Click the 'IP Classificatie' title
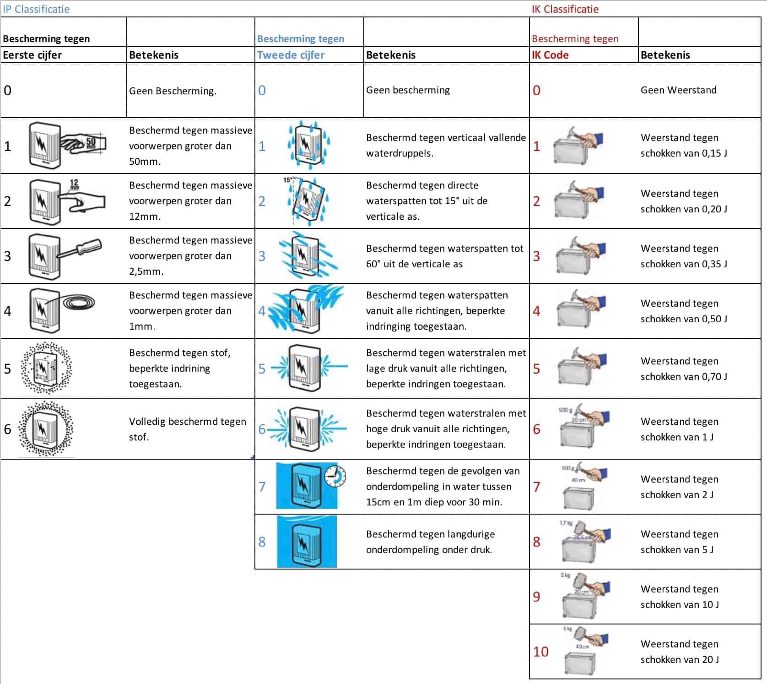tap(36, 9)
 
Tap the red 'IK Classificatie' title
tap(565, 9)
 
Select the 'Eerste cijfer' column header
tap(32, 55)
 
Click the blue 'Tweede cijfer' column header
tap(291, 55)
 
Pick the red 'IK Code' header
tap(550, 55)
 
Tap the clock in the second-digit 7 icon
tap(335, 476)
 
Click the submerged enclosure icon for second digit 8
tap(307, 542)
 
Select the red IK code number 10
tap(540, 651)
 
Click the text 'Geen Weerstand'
tap(678, 90)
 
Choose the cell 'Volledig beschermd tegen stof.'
tap(187, 429)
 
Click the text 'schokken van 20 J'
tap(680, 659)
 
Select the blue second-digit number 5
tap(262, 369)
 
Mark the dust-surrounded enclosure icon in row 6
tap(46, 429)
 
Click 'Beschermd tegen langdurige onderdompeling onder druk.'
tap(430, 542)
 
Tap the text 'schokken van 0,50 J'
tap(684, 319)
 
